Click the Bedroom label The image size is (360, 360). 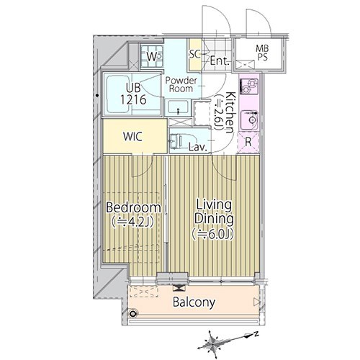coord(133,208)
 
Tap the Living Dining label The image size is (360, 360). coord(214,212)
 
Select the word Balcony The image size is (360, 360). coord(194,302)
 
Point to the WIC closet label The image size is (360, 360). coord(132,136)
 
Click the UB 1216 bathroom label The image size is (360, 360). coord(133,94)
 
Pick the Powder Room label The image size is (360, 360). coord(181,84)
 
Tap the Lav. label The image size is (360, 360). coord(198,147)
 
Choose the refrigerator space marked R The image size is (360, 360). coord(248,142)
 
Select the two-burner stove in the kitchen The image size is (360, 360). coord(249,86)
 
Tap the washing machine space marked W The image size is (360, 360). coord(152,57)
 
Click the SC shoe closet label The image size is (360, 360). coord(194,54)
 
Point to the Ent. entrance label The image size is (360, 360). coord(220,61)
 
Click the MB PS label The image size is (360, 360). coord(262,53)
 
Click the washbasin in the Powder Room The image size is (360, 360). coord(178,108)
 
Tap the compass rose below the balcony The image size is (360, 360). coord(213,341)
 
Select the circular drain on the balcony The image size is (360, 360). coord(132,313)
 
